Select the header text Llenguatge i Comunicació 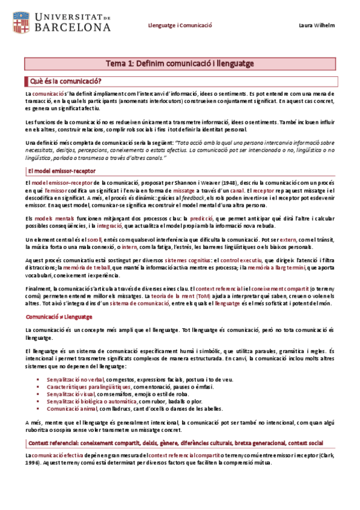coord(181,25)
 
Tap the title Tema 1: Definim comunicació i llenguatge coord(180,63)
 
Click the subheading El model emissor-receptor coord(58,171)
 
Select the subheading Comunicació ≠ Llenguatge coord(58,316)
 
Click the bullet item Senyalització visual coord(75,393)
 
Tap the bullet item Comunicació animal coord(69,408)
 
